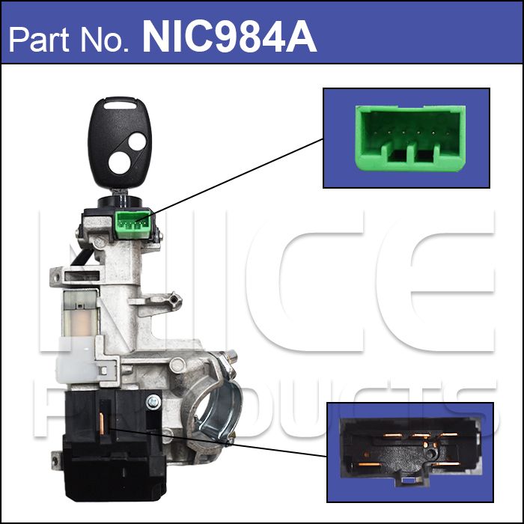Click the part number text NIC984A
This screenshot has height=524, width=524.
point(229,37)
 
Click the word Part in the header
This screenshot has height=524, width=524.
point(38,40)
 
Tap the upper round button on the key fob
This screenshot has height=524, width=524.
point(137,141)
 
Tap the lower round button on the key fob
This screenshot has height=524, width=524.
point(119,162)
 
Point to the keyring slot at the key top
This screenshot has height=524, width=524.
point(120,106)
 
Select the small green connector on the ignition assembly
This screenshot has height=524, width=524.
point(133,225)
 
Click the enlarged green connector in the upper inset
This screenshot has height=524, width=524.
point(410,138)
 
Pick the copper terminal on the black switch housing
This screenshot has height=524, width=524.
point(102,424)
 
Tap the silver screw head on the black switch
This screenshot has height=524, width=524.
point(153,401)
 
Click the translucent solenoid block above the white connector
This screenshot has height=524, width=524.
point(81,313)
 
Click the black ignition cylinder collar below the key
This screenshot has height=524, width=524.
point(120,202)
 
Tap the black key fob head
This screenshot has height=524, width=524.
point(120,143)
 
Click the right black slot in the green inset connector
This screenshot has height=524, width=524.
point(425,155)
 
